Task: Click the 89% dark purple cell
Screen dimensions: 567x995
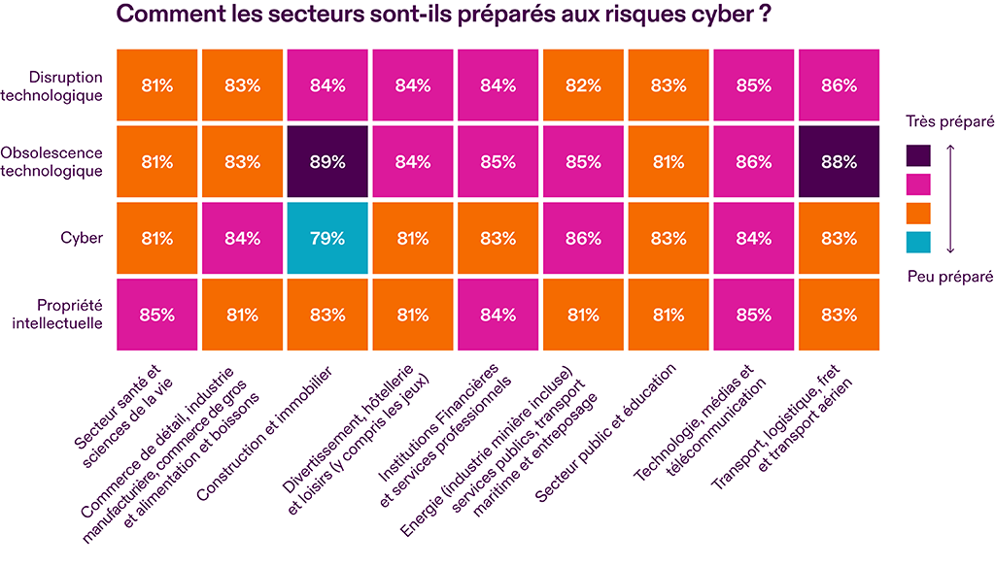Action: pos(327,161)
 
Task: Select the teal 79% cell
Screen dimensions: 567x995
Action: pos(327,238)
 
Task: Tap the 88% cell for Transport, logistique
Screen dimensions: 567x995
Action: pos(839,161)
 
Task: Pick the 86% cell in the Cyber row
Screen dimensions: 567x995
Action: pos(583,238)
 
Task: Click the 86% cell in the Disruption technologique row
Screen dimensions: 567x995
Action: pos(839,85)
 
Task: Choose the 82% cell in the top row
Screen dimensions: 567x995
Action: pos(583,85)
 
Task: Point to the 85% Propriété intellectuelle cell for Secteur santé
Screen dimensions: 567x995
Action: pos(156,315)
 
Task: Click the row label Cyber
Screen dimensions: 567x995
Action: pos(82,237)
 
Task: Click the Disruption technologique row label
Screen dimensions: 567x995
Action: pos(65,85)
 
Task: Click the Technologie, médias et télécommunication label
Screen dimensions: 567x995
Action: pos(694,421)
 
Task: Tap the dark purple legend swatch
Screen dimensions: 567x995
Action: pos(917,155)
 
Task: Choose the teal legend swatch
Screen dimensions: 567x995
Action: pos(917,240)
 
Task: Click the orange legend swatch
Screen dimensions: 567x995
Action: pos(917,212)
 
